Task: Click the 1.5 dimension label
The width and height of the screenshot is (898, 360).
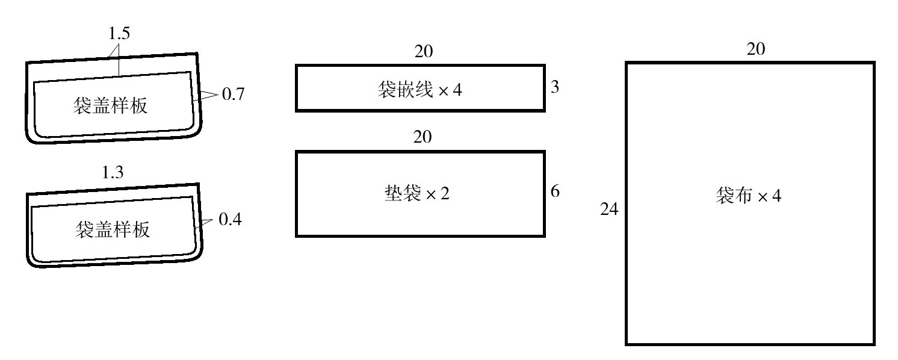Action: tap(119, 33)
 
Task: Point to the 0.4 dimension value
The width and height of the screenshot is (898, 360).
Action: tap(230, 220)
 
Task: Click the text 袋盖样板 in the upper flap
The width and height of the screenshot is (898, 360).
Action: tap(110, 107)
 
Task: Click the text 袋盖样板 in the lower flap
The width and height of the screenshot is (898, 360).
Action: tap(113, 229)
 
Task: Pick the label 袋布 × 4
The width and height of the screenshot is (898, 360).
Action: tap(749, 196)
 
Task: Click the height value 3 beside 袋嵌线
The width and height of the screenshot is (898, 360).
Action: tap(555, 87)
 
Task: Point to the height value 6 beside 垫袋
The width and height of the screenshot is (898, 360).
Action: tap(555, 191)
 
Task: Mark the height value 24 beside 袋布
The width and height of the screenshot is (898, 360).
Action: tap(610, 209)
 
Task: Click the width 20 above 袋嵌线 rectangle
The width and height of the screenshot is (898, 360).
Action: tap(423, 52)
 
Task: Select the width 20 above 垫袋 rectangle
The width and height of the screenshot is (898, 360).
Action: tap(423, 137)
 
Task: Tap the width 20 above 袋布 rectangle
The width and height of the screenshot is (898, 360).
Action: tap(756, 49)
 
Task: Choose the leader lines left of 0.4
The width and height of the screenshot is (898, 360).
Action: tap(206, 222)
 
